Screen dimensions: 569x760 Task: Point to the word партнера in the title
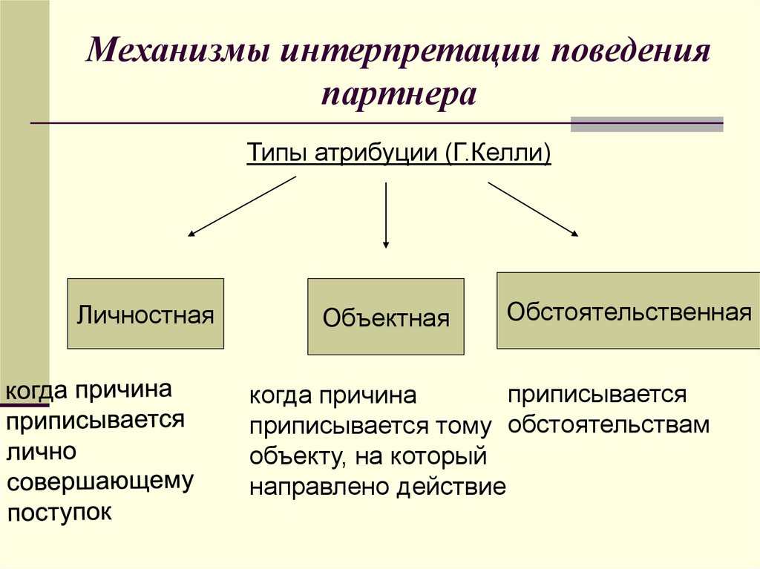(x=399, y=95)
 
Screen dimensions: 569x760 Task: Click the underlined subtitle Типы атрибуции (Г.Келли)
(x=398, y=154)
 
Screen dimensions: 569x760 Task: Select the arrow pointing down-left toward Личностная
(x=242, y=206)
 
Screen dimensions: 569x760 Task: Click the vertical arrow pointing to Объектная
(x=386, y=215)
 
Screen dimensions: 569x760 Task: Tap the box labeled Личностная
(x=145, y=314)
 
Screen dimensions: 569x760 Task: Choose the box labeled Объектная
(x=386, y=317)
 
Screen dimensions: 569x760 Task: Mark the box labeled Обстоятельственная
(x=628, y=310)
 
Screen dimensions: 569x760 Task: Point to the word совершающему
(x=100, y=481)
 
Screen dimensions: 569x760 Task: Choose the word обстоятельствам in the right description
(x=609, y=425)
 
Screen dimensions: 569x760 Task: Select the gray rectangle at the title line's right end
(x=646, y=124)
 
